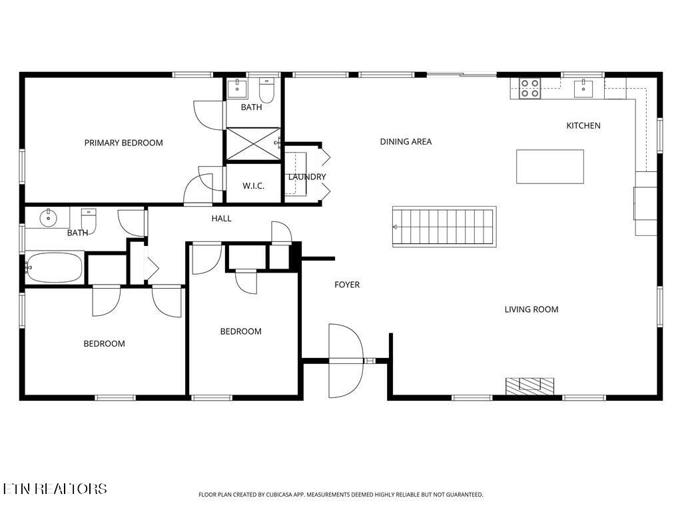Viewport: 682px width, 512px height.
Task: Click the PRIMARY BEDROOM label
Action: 123,143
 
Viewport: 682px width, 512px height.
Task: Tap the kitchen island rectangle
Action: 550,167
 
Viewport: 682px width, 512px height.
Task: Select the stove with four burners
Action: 530,88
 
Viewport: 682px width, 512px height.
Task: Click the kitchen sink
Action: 583,87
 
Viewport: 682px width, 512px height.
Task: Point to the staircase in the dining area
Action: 444,226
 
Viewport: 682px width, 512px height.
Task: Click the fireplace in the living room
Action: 529,385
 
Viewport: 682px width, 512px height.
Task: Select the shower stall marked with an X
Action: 253,143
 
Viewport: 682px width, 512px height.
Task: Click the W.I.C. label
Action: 253,186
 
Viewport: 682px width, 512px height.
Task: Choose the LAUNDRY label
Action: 307,177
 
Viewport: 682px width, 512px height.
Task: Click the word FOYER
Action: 347,285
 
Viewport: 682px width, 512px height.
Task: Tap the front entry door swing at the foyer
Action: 346,361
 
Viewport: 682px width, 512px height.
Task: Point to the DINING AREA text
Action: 406,141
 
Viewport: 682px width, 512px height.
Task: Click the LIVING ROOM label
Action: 531,309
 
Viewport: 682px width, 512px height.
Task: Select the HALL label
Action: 222,218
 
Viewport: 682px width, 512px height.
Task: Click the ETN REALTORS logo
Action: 55,489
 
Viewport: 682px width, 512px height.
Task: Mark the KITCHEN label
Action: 583,125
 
